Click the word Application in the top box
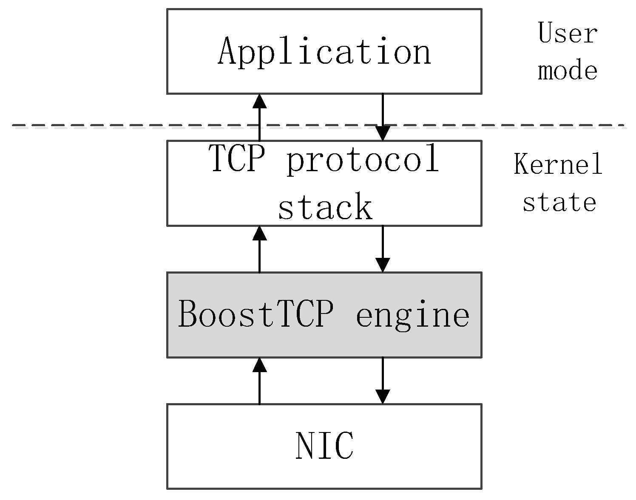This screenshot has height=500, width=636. click(324, 52)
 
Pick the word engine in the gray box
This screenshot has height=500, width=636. click(413, 315)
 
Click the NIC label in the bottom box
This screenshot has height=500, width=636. click(324, 446)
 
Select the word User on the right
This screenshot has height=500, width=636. click(568, 33)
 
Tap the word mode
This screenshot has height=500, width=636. click(568, 71)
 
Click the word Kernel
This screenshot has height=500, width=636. click(558, 164)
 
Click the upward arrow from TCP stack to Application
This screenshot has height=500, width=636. click(259, 117)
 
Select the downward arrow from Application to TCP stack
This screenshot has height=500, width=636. click(383, 117)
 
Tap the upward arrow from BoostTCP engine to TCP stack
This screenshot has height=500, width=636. click(259, 249)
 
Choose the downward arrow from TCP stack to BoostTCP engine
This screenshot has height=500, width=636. click(383, 249)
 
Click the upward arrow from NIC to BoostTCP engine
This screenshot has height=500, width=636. click(259, 381)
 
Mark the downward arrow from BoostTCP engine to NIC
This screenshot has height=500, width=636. click(383, 381)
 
